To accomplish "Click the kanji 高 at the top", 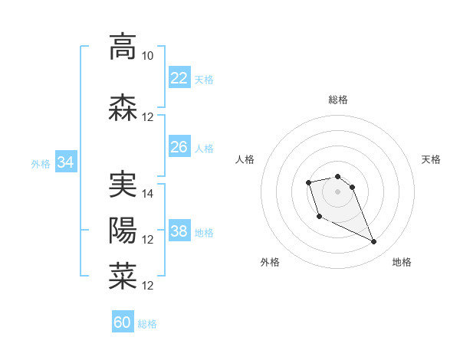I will coord(123,47).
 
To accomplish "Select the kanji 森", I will coord(123,108).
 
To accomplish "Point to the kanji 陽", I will coord(123,231).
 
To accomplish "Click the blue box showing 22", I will coord(179,77).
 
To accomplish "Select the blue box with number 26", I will coord(179,146).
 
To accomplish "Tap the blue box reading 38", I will coord(179,231).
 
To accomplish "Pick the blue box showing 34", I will coord(65,162).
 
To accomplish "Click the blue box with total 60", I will coord(123,322).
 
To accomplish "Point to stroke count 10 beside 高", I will coord(147,56).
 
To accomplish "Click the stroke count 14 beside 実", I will coord(148,194).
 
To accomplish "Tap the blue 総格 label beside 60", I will coord(147,324).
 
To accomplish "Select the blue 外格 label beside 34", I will coord(41,163).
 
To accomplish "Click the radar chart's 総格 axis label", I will coord(337,100).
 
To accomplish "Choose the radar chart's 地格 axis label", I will coord(402,262).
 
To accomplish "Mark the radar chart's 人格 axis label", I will coord(245,159).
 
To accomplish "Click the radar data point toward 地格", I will coord(374,242).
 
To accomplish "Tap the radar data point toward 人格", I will coord(308,182).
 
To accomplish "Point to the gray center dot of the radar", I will coord(337,191).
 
